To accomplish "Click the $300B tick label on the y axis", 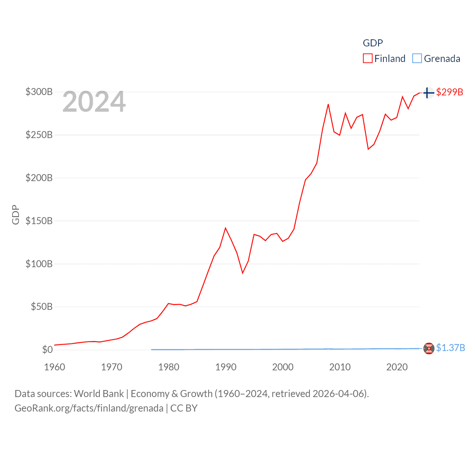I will tap(39, 92).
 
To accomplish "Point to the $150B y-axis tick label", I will tap(39, 221).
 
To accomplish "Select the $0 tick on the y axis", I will tap(47, 350).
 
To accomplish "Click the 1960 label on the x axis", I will tap(55, 367).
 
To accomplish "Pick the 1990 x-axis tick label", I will tap(226, 367).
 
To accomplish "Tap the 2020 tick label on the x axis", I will tap(397, 367).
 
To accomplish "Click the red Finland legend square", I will tap(367, 59).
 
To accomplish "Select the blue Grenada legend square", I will tap(417, 59).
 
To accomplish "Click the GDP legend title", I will tap(373, 43).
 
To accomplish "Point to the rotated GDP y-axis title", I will tap(16, 214).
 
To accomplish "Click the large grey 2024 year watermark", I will tap(94, 102).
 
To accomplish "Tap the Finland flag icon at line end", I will tap(429, 92).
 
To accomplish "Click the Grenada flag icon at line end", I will tap(429, 348).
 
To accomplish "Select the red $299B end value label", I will tap(449, 92).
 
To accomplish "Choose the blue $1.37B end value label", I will tap(450, 348).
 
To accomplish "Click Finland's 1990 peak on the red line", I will tap(225, 228).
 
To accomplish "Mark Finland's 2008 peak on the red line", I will tap(328, 104).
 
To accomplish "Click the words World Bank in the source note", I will tap(99, 393).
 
